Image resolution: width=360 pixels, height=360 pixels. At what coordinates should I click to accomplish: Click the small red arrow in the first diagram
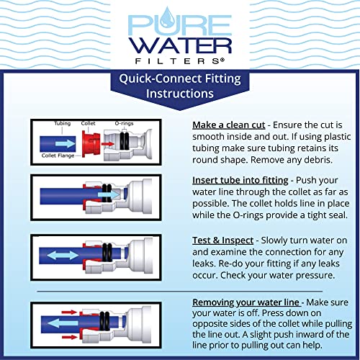click(106, 143)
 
